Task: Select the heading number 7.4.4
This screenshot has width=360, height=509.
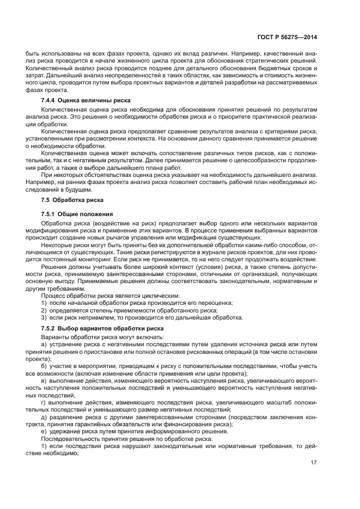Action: [x=50, y=101]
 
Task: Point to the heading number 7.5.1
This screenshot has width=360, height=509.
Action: [x=50, y=214]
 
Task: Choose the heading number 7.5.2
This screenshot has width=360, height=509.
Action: [x=50, y=328]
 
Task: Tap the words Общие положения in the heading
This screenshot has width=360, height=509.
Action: [x=86, y=214]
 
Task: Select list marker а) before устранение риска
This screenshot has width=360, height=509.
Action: [x=44, y=345]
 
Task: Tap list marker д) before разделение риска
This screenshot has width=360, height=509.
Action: [x=44, y=416]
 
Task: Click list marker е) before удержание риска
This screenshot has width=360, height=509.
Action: [x=44, y=431]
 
